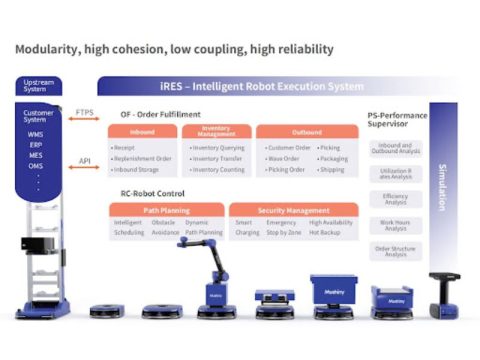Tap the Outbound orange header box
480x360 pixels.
tap(308, 131)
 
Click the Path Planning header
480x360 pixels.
tap(167, 210)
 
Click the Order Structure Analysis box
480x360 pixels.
tap(395, 251)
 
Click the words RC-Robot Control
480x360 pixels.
tap(154, 193)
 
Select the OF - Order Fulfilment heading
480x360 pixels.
tap(160, 114)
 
